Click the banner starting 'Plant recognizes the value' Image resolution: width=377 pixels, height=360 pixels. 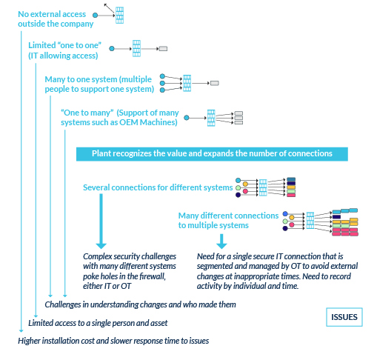212,153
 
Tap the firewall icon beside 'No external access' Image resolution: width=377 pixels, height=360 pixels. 119,12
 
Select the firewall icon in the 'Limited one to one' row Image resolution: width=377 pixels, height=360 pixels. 136,47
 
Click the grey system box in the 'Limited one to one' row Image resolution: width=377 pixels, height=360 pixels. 164,48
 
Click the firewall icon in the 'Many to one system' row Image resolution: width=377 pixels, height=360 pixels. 187,83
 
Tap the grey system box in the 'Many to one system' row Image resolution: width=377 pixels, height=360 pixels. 215,83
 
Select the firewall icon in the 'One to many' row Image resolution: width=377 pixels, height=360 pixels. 211,117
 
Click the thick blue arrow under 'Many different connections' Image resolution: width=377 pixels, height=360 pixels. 220,241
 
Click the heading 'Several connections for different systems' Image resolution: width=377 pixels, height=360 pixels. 157,187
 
